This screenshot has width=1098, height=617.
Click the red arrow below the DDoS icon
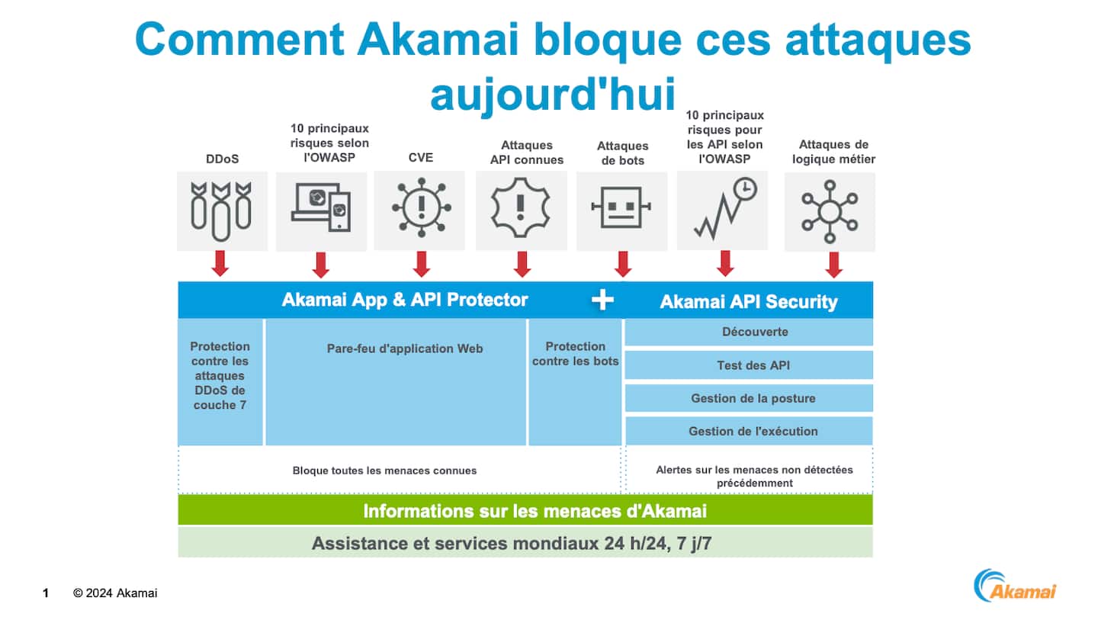click(x=220, y=263)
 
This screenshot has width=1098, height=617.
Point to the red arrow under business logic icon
click(x=833, y=264)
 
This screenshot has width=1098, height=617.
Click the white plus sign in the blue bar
click(x=602, y=300)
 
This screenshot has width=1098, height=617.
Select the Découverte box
click(x=749, y=333)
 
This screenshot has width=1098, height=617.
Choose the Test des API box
click(x=749, y=365)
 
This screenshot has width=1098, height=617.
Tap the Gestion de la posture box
click(x=749, y=398)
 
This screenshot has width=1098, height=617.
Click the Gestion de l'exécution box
click(x=749, y=431)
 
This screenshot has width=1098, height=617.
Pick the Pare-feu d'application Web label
click(x=405, y=349)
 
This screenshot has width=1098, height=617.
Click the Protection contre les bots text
click(x=576, y=353)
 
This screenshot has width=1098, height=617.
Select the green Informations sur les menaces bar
click(x=525, y=510)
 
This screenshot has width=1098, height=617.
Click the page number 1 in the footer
click(x=46, y=593)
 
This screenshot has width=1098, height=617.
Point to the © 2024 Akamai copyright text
click(x=115, y=593)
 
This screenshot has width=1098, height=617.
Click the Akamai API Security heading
click(x=749, y=302)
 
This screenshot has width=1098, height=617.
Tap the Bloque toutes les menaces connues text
click(x=384, y=471)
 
